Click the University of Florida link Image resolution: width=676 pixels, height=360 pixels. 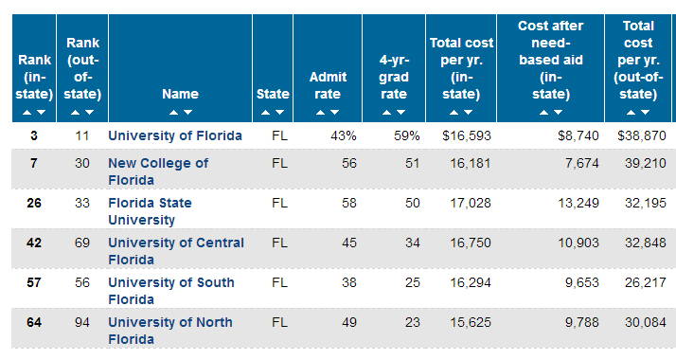click(x=174, y=135)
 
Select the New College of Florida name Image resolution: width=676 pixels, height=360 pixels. click(x=158, y=171)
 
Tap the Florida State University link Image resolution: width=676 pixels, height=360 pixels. click(x=150, y=211)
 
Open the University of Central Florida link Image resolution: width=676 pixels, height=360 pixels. click(x=176, y=251)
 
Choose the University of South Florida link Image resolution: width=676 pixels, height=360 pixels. click(x=171, y=291)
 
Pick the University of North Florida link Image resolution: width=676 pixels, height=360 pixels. click(x=170, y=331)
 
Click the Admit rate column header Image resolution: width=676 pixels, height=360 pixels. click(x=328, y=85)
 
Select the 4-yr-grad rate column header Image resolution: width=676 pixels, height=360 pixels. click(x=394, y=77)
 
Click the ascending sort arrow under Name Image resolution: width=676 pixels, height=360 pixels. click(x=174, y=112)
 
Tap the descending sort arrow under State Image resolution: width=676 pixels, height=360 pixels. click(x=280, y=112)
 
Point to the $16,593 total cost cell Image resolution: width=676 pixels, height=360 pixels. click(x=467, y=135)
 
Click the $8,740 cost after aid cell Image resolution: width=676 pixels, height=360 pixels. click(x=578, y=135)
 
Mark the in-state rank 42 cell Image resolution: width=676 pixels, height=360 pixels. click(x=34, y=243)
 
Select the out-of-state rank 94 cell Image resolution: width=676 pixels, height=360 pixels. click(x=82, y=322)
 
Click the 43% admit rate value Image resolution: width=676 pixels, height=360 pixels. click(x=344, y=135)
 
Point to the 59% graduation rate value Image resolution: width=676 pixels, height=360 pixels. click(x=406, y=135)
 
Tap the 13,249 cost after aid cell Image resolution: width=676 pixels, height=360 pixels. click(x=578, y=203)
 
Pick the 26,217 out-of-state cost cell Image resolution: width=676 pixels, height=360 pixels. click(x=646, y=283)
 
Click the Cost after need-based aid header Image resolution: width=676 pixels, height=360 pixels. click(x=550, y=60)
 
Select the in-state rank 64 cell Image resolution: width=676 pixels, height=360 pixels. click(x=34, y=322)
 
